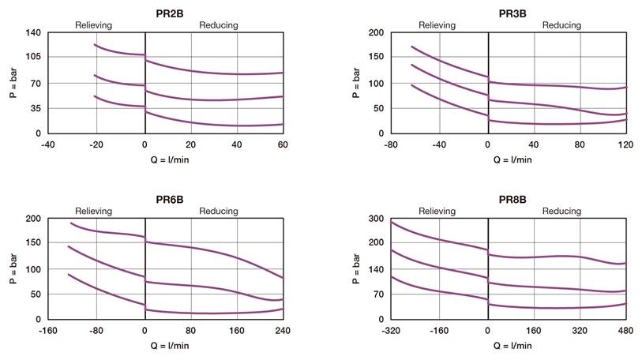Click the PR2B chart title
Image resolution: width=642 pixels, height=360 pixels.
coord(165,12)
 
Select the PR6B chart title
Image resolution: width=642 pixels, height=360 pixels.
coord(165,198)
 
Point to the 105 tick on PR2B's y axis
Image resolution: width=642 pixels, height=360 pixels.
coord(32,57)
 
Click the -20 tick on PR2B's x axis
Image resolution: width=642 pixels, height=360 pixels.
coord(96,145)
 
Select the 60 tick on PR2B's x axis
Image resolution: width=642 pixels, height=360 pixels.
coord(282,145)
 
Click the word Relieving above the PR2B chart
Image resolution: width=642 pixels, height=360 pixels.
coord(94,25)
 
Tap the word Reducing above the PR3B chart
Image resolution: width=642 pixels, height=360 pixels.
coord(561,25)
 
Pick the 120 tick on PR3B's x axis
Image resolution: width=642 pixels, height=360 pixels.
coord(625,145)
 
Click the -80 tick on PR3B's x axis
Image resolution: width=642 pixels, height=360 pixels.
coord(391,145)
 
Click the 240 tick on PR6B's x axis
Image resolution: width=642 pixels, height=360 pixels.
coord(282,332)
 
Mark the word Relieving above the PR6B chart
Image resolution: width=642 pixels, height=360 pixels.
coord(94,212)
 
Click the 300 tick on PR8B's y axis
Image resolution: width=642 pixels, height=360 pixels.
coord(375,219)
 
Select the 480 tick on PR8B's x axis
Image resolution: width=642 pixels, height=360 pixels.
coord(625,332)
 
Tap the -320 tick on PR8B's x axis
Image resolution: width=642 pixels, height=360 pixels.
coord(391,332)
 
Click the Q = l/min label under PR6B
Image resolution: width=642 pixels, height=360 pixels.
coord(165,345)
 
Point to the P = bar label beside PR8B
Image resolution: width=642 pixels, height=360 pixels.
coord(357,268)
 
